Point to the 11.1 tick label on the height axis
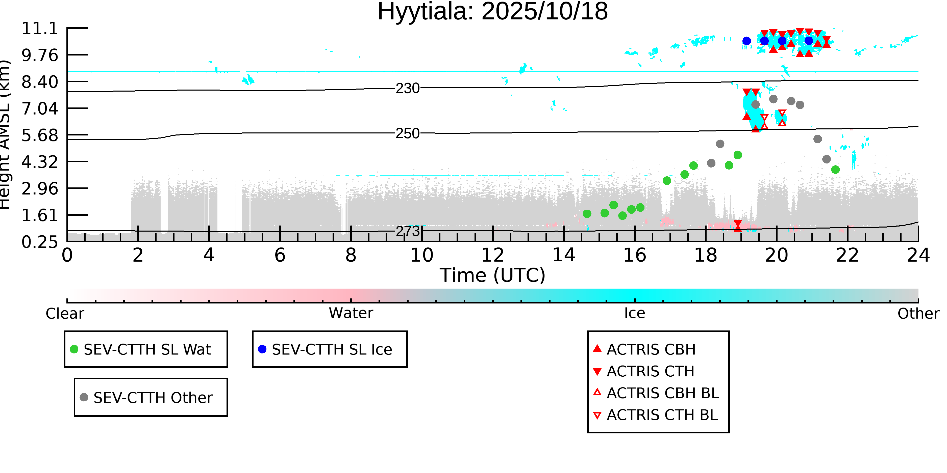click(x=40, y=29)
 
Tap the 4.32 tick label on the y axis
click(x=40, y=162)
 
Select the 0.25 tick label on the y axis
click(x=40, y=242)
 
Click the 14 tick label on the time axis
click(x=564, y=255)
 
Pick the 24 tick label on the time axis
click(x=918, y=255)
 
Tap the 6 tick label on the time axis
click(x=280, y=255)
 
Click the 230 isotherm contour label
click(x=407, y=89)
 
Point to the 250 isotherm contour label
click(x=407, y=133)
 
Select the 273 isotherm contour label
click(x=407, y=231)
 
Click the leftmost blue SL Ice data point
click(x=746, y=41)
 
